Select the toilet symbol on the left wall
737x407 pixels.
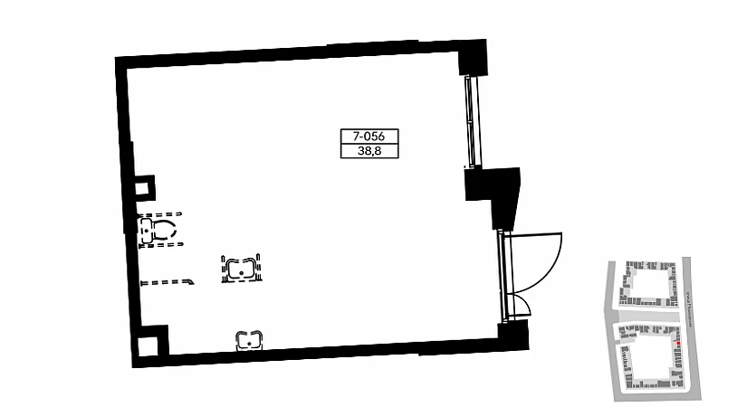click(158, 230)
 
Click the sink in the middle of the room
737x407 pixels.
click(241, 269)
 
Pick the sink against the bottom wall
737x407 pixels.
click(249, 340)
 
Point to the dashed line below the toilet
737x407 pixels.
click(167, 282)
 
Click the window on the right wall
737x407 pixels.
click(469, 123)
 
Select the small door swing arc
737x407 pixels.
click(522, 305)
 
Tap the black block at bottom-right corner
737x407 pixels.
click(512, 337)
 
